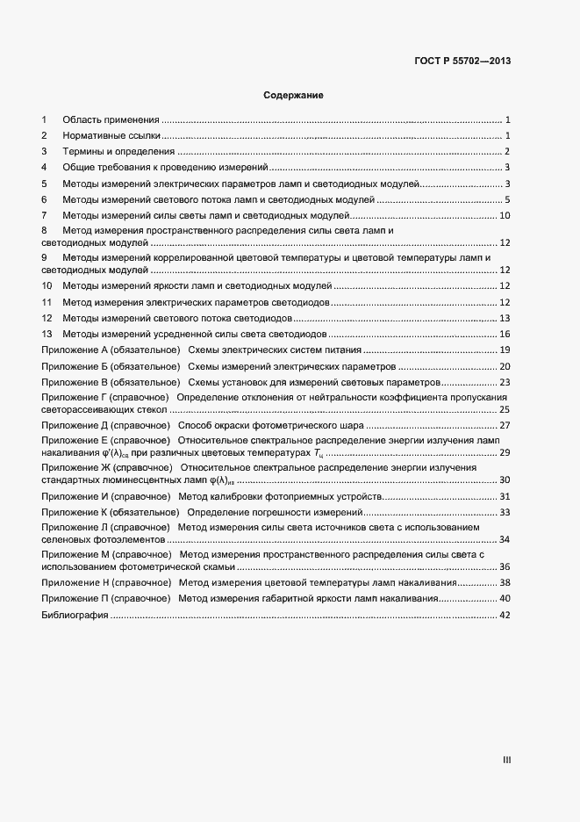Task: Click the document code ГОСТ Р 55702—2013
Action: (462, 61)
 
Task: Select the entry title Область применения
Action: (111, 119)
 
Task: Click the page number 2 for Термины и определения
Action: (507, 151)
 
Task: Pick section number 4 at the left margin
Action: (44, 168)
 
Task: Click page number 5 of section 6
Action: (507, 200)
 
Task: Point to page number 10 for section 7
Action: (505, 216)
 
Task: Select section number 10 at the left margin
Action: (47, 286)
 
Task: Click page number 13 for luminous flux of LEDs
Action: (505, 318)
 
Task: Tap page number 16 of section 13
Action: (505, 335)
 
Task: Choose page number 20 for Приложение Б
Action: (505, 366)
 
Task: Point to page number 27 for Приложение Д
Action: (505, 425)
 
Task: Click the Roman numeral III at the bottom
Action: (506, 761)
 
